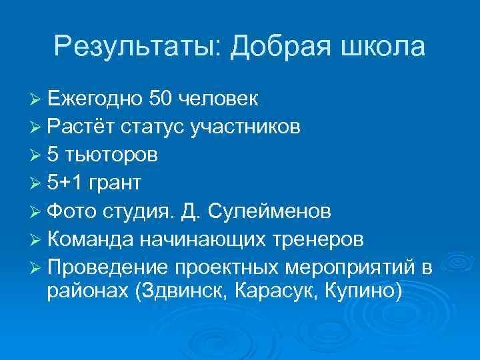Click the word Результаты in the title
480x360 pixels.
pos(137,47)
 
